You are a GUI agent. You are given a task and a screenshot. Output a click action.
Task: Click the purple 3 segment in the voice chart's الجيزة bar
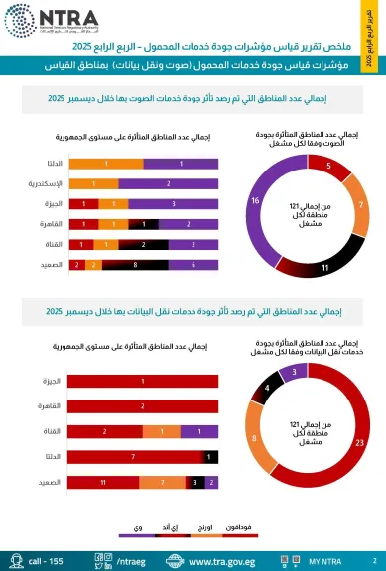pyautogui.click(x=174, y=202)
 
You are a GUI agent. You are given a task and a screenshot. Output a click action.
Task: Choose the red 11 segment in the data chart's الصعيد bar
pyautogui.click(x=104, y=482)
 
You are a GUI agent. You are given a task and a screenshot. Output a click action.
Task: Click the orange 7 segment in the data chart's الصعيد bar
pyautogui.click(x=161, y=482)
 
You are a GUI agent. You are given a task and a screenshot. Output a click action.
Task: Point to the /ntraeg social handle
pyautogui.click(x=130, y=560)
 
